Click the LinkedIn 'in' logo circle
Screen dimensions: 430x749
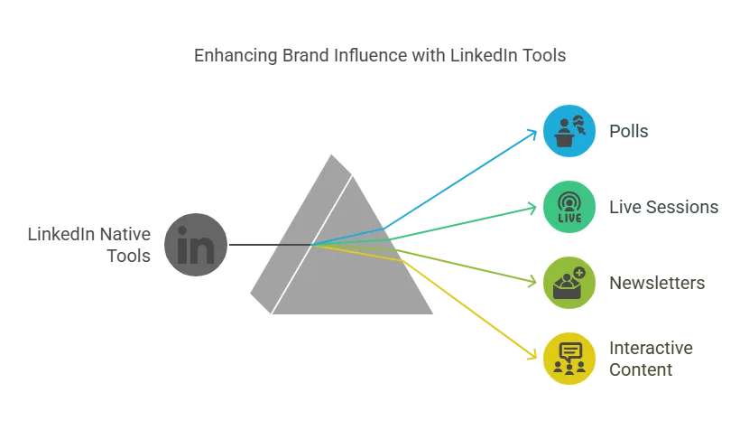pos(196,245)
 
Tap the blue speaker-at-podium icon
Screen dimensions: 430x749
pos(569,131)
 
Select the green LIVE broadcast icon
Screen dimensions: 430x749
pos(569,207)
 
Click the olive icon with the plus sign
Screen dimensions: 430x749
pos(569,282)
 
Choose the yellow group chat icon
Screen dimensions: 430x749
pos(569,358)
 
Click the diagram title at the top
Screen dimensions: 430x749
pos(383,56)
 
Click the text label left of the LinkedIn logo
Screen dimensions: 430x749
pos(88,245)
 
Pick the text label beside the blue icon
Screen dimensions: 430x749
pos(627,131)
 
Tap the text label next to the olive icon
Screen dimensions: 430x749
pos(656,282)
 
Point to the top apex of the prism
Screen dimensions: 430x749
pos(334,154)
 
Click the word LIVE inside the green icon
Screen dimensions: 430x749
pos(569,218)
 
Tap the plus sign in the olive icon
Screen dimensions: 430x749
pos(578,271)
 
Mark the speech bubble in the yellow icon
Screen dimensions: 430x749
pos(569,350)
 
